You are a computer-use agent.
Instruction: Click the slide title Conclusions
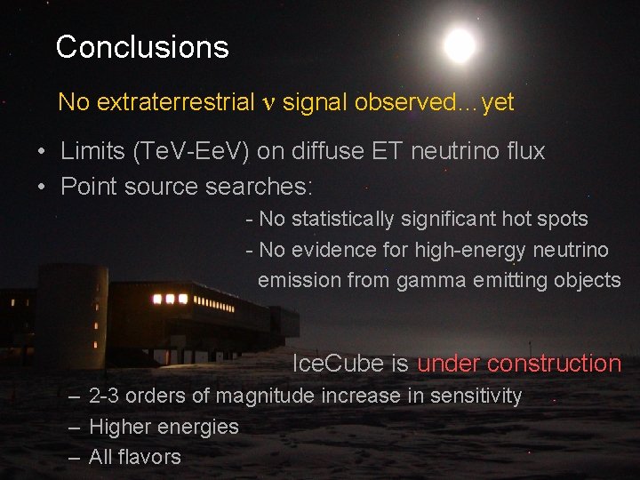tap(142, 47)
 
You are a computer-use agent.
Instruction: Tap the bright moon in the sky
tap(460, 45)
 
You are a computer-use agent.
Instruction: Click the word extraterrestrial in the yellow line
tap(175, 102)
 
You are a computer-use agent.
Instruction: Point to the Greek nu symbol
tap(270, 103)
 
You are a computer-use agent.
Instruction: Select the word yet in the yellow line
tap(498, 102)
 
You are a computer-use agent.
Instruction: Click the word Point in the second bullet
tap(85, 187)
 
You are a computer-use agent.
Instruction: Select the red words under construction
tap(519, 364)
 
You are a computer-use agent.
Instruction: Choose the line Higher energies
tap(164, 427)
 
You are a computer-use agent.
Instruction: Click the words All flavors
tap(134, 457)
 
